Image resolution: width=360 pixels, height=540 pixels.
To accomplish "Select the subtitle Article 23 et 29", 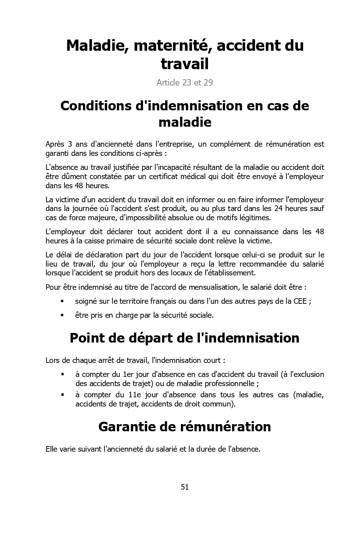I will pyautogui.click(x=184, y=83).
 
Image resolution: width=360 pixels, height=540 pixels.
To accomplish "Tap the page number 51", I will pyautogui.click(x=184, y=487).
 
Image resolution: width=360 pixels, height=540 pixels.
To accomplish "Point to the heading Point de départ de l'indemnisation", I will pyautogui.click(x=184, y=338).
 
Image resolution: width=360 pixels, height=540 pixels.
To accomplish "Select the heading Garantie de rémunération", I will pyautogui.click(x=184, y=426).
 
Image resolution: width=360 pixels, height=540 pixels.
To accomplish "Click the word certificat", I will pyautogui.click(x=167, y=176).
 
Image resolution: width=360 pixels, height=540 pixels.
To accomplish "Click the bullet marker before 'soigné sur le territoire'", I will pyautogui.click(x=62, y=301).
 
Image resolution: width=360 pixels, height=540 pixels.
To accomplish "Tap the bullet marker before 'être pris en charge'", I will pyautogui.click(x=62, y=315).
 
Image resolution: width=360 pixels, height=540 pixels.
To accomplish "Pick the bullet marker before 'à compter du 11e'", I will pyautogui.click(x=62, y=395).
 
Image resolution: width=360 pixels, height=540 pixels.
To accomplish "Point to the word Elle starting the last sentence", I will pyautogui.click(x=52, y=449).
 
